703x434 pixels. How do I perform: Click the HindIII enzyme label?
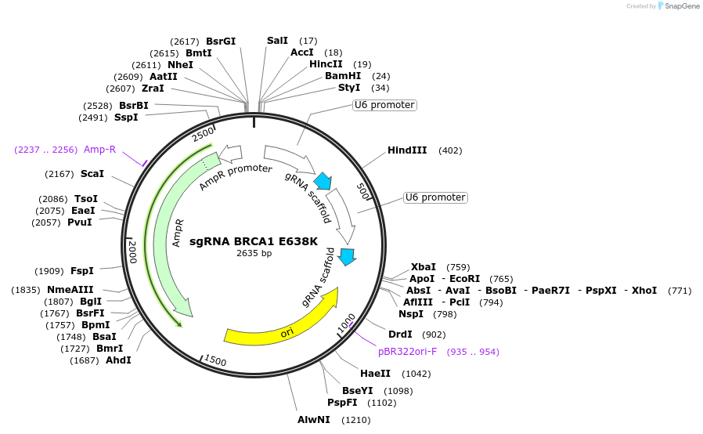[406, 150]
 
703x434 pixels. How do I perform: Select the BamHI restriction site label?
[343, 76]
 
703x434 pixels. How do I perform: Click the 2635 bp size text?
[254, 253]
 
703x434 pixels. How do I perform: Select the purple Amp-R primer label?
[99, 150]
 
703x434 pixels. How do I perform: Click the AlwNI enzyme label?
[313, 420]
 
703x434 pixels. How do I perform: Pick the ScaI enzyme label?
[92, 173]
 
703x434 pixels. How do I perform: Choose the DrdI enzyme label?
[400, 335]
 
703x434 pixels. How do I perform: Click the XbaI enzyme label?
[424, 267]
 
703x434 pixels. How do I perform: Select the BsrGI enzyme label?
[221, 41]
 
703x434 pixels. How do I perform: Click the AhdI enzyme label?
[118, 360]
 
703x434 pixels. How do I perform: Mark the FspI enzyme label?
[82, 271]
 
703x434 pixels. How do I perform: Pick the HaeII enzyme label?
[373, 374]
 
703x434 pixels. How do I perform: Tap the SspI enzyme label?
[126, 118]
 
